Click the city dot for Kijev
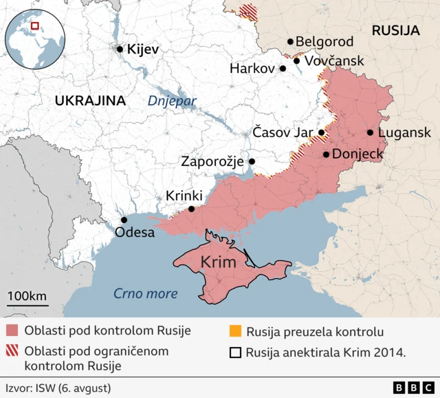(x=120, y=49)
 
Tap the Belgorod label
(x=324, y=43)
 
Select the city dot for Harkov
(x=283, y=69)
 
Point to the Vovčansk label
(x=334, y=62)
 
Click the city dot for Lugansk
(x=371, y=132)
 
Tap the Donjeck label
(x=357, y=154)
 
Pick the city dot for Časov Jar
(x=321, y=132)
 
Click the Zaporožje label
(x=212, y=162)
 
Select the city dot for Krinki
(x=191, y=209)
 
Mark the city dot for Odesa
(x=124, y=220)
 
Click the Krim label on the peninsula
(x=219, y=262)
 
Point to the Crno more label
(x=145, y=294)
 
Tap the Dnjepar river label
(x=172, y=102)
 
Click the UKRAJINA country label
(x=90, y=101)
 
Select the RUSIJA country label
(x=395, y=30)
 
